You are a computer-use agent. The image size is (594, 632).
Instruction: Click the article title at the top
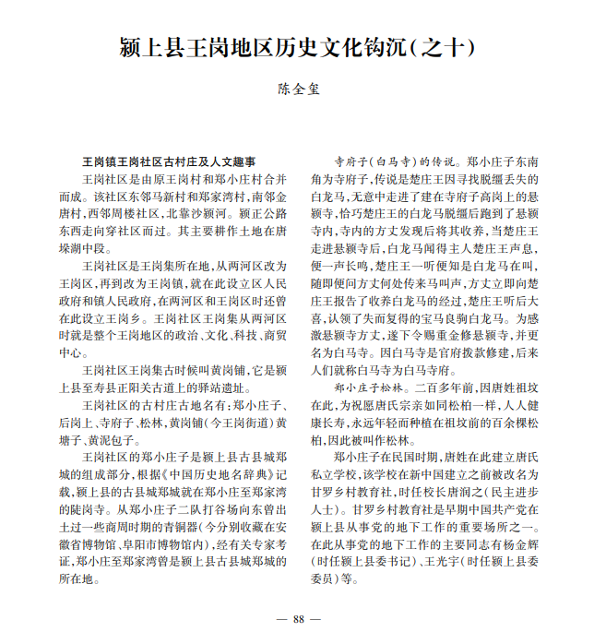pyautogui.click(x=296, y=47)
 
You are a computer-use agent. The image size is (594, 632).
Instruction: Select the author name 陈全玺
pyautogui.click(x=297, y=89)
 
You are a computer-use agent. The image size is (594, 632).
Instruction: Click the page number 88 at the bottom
pyautogui.click(x=297, y=619)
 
